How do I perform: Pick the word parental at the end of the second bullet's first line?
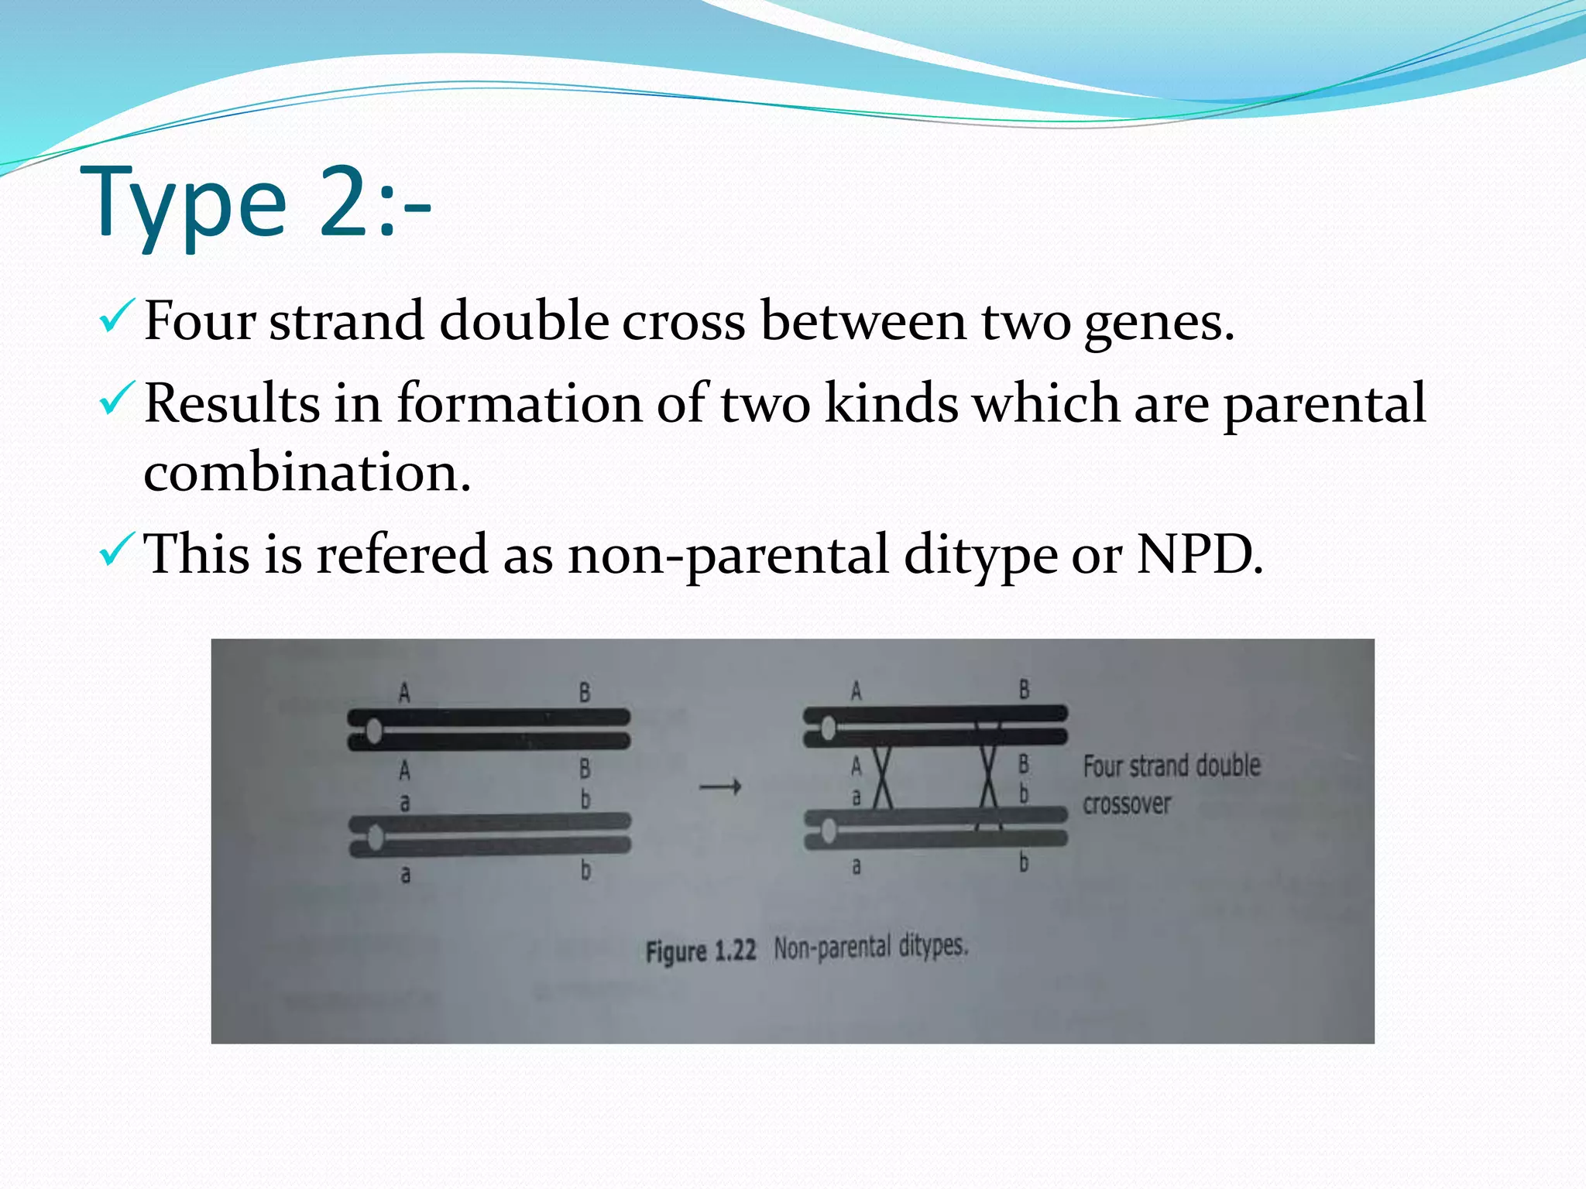pos(1324,404)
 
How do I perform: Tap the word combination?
pos(307,472)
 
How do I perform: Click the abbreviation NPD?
pos(1199,554)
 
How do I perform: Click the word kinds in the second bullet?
pos(891,403)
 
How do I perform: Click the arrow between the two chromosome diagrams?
pos(720,787)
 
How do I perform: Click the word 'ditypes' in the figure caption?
pos(932,946)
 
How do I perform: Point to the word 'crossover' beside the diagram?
pos(1127,804)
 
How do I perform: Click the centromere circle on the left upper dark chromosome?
pos(374,730)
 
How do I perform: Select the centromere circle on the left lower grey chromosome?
pos(376,837)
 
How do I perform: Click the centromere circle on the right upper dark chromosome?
pos(828,728)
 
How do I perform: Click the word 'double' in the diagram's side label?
pos(1228,766)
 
